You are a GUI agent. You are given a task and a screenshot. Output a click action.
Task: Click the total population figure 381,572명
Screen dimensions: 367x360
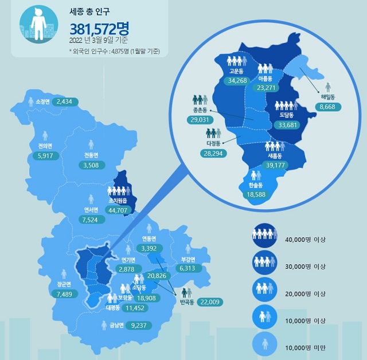99,28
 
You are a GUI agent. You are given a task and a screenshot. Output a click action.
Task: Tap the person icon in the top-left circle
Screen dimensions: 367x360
38,24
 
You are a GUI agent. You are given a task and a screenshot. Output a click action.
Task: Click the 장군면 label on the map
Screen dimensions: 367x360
64,284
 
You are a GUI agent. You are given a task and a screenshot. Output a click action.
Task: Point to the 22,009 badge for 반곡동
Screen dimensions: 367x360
209,302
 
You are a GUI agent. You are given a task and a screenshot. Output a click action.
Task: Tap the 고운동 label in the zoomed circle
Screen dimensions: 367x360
236,71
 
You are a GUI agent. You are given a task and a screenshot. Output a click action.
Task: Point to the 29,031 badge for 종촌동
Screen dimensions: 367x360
200,119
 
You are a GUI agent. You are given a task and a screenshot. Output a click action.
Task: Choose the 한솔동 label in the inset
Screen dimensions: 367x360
255,186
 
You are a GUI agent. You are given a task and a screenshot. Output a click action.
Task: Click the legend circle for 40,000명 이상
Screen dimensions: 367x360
264,234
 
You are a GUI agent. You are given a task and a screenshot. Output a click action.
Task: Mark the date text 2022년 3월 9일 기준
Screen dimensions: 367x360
99,40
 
